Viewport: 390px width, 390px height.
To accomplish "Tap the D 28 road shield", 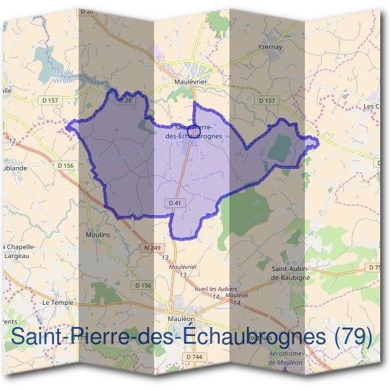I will point(125,100).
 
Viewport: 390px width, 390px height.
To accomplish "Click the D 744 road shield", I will point(193,357).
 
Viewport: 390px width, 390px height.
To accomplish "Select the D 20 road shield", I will point(88,12).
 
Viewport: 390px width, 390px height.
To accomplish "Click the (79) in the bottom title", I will point(353,336).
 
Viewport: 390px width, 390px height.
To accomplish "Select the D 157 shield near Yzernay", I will point(266,101).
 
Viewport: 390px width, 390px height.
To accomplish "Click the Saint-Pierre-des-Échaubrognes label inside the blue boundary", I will point(200,132).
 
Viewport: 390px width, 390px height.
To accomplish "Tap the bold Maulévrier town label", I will point(191,83).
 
